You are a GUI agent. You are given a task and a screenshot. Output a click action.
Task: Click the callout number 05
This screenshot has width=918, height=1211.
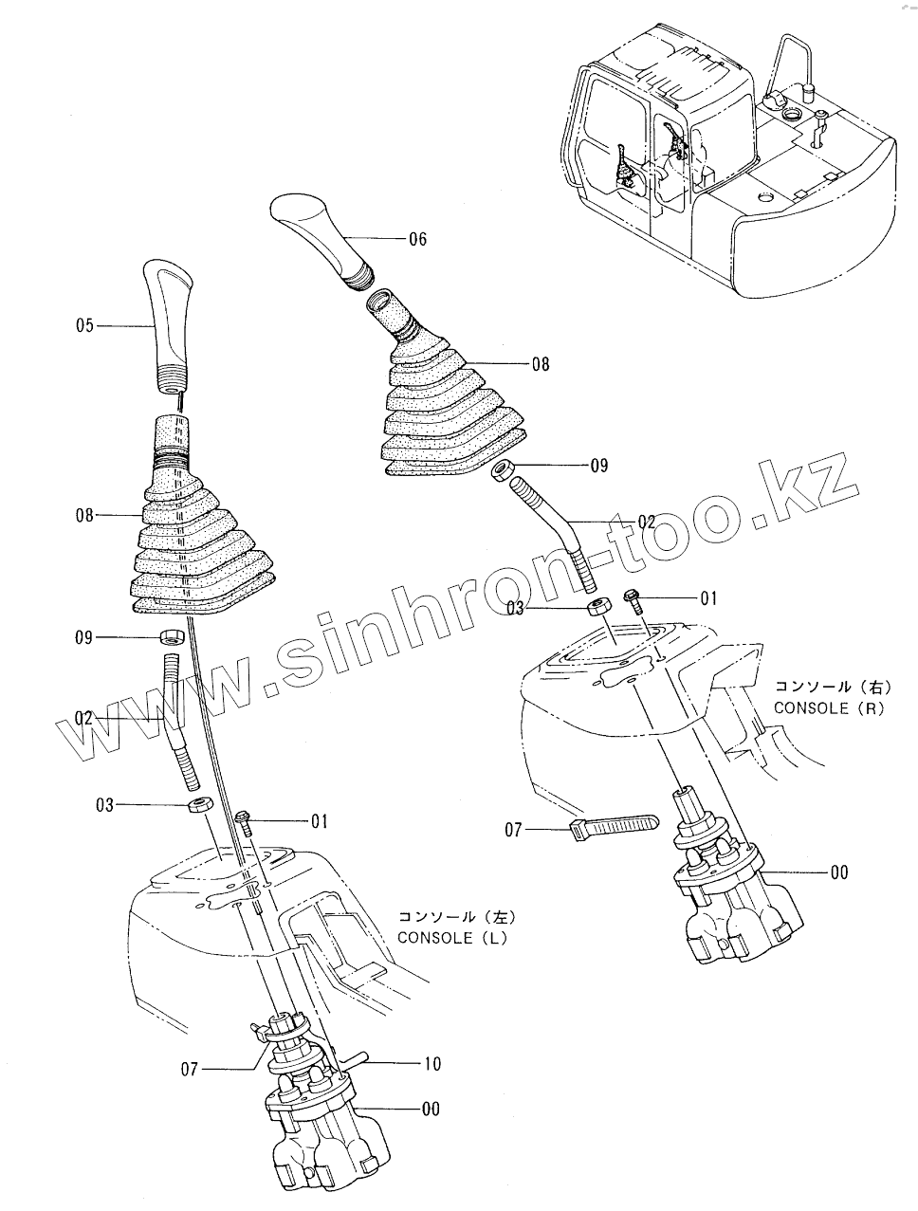click(x=85, y=325)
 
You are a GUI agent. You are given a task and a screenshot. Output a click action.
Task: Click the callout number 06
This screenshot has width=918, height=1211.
click(x=417, y=239)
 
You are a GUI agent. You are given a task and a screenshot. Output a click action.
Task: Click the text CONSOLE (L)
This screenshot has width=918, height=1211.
click(x=452, y=939)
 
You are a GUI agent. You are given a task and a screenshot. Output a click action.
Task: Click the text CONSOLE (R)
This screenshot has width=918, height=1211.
click(x=828, y=707)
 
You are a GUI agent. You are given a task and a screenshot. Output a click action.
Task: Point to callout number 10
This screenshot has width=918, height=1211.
click(x=431, y=1064)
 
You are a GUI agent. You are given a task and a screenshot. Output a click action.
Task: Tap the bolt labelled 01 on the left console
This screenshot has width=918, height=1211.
click(x=243, y=819)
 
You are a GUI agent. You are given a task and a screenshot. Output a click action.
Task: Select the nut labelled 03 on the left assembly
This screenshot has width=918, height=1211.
click(x=197, y=807)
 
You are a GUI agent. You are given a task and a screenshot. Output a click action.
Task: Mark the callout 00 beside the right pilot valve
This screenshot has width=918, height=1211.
click(x=838, y=872)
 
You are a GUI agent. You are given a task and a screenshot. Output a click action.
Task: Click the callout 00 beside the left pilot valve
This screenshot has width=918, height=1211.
click(x=431, y=1110)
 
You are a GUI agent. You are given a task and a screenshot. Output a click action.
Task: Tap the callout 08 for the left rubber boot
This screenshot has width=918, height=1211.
click(x=85, y=516)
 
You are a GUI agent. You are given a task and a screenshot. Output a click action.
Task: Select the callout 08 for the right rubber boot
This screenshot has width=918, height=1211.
click(x=540, y=363)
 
